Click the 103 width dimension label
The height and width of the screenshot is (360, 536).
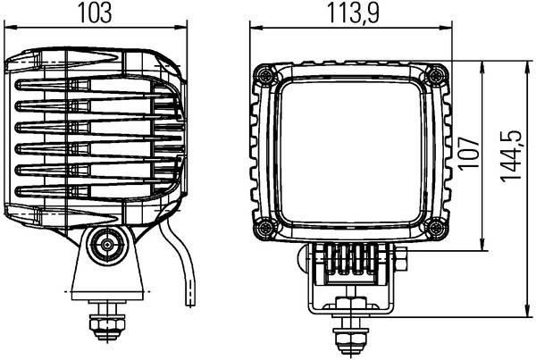pyautogui.click(x=101, y=13)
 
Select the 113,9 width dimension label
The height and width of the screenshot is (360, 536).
pyautogui.click(x=348, y=13)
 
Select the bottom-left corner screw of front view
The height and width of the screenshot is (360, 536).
pyautogui.click(x=264, y=229)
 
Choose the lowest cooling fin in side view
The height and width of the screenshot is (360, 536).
pyautogui.click(x=98, y=191)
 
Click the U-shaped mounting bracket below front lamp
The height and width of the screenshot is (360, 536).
pyautogui.click(x=348, y=277)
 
